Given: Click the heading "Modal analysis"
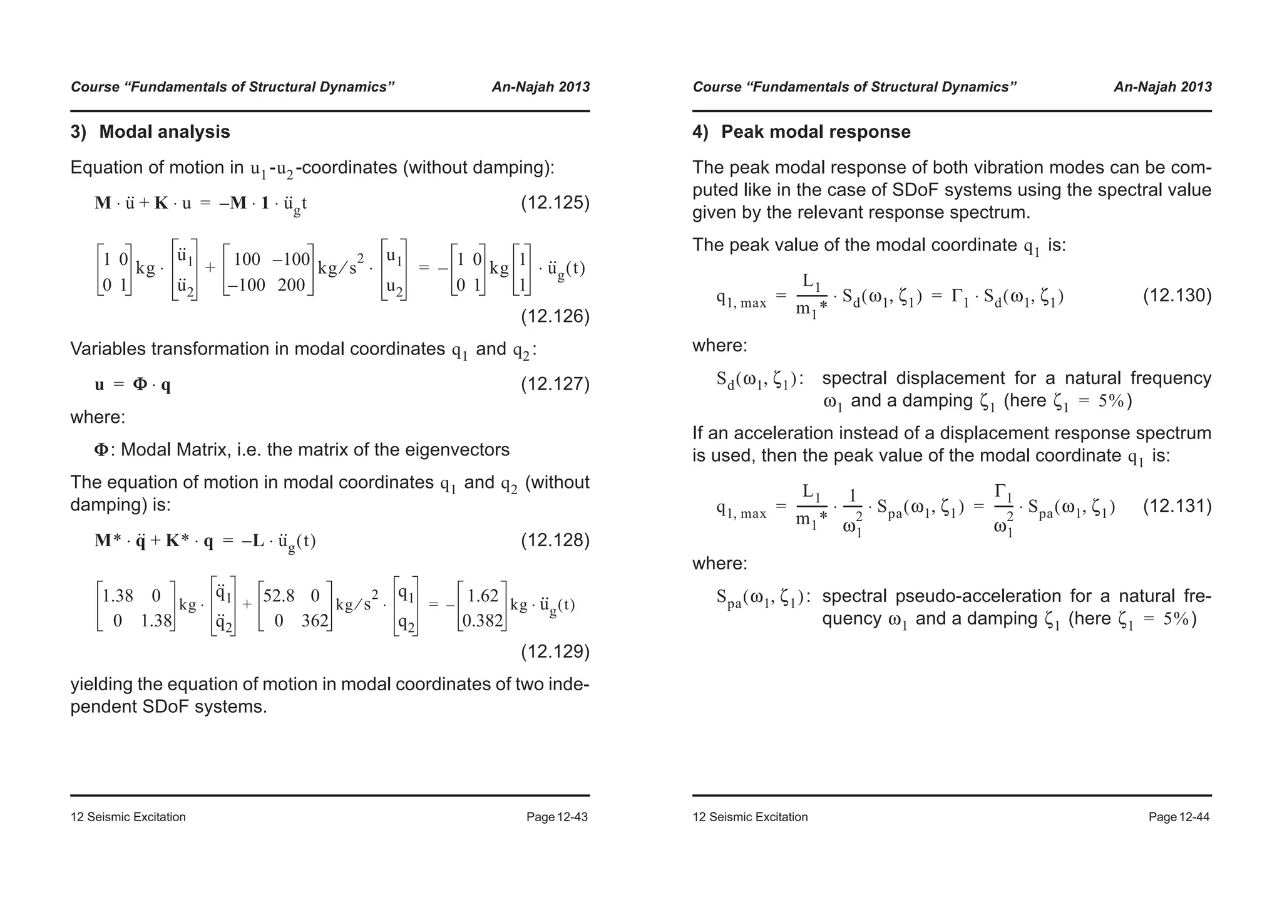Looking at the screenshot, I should coord(164,132).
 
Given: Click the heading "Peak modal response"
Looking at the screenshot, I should coord(815,132).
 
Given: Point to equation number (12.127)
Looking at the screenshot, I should coord(555,383).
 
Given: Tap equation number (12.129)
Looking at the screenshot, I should coord(555,651).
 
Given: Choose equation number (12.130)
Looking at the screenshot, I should coord(1177,295).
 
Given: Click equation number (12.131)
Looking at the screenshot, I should coord(1177,505).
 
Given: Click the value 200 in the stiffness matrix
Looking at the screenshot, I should coord(290,286).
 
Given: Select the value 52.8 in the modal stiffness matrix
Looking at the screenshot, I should coord(279,596).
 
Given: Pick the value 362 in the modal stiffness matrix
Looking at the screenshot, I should coord(314,621).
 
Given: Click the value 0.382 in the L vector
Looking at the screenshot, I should coord(482,621).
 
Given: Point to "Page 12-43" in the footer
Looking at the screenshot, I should coord(556,817).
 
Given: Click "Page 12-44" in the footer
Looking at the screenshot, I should coord(1179,817).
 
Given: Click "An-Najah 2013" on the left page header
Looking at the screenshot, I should coord(540,87).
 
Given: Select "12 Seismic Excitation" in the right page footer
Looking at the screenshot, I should coord(750,817).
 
